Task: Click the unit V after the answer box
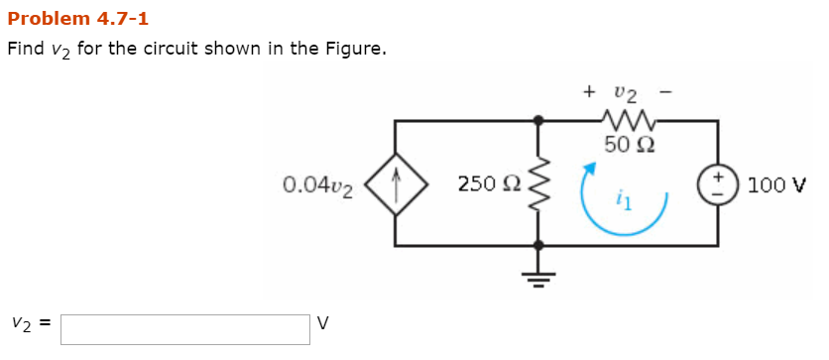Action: [x=322, y=323]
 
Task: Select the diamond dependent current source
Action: [x=397, y=182]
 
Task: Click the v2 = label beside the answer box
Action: [x=30, y=323]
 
